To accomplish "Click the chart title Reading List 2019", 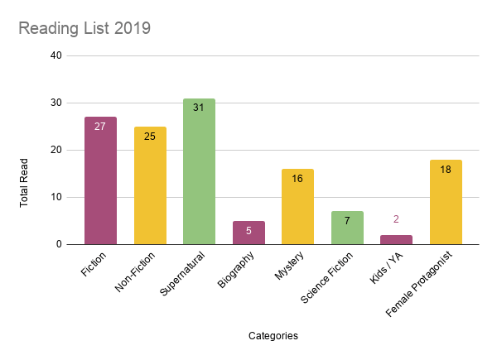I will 84,29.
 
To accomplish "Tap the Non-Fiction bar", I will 150,185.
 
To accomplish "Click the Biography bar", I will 248,233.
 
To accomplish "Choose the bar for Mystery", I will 297,207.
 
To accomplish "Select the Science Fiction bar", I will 347,228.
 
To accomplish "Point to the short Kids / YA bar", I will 396,240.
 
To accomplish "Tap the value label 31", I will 199,108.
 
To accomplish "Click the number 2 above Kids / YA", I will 396,219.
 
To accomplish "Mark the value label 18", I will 446,169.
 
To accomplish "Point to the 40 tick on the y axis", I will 56,55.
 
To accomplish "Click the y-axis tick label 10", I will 56,197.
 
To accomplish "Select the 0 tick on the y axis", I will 59,244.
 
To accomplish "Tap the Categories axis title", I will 273,336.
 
